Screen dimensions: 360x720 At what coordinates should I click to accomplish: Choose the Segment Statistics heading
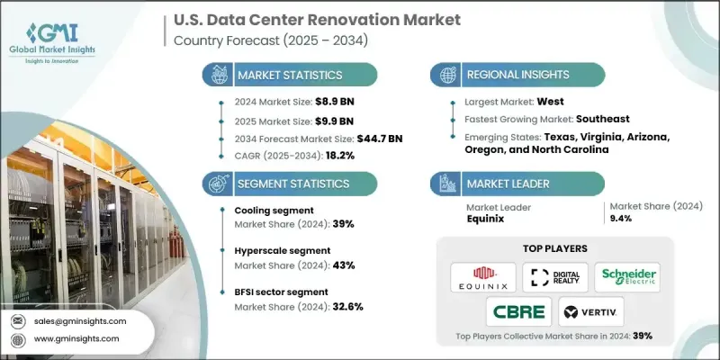pos(292,183)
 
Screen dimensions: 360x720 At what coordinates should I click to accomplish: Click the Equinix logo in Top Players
pos(483,277)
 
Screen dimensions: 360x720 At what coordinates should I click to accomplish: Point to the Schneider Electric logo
pos(626,277)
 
